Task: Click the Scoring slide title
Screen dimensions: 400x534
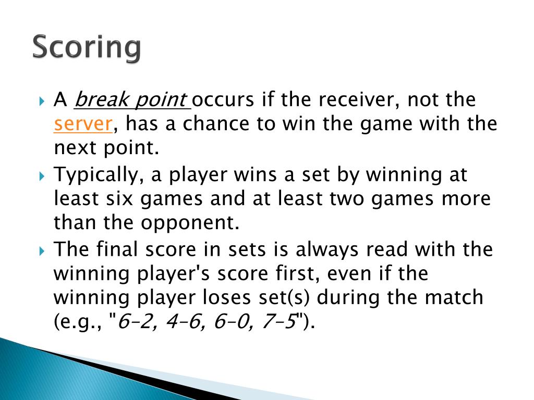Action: tap(87, 48)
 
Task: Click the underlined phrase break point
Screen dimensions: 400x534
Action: tap(131, 99)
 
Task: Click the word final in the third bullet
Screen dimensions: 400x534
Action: tap(118, 249)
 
